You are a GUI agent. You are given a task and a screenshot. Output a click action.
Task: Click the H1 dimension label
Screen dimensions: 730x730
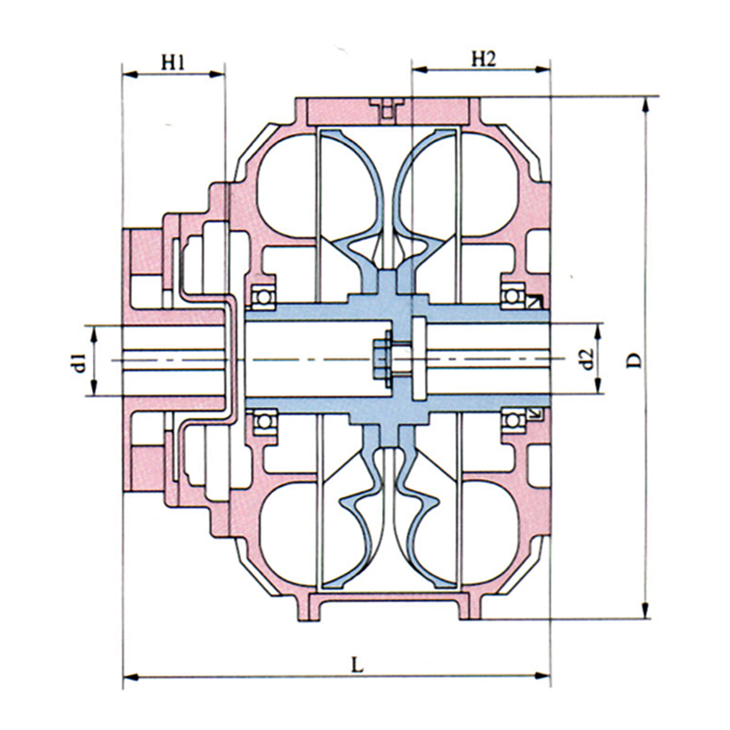pos(173,62)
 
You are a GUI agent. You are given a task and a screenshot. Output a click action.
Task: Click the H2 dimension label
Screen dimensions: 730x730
pos(484,59)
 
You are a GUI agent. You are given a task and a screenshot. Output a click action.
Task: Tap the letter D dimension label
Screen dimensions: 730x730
pos(633,360)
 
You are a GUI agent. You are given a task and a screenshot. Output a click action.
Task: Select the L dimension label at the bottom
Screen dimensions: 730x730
pos(357,665)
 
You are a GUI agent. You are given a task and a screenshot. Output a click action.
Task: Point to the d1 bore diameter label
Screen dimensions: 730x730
pos(79,363)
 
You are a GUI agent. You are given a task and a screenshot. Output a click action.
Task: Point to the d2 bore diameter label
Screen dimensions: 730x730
pos(588,359)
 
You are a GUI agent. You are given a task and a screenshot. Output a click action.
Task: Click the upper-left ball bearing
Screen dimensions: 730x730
pos(264,297)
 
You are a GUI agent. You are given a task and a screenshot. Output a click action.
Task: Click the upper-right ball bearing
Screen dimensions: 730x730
pos(513,296)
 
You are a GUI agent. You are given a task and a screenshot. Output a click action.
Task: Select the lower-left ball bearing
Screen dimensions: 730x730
pos(265,422)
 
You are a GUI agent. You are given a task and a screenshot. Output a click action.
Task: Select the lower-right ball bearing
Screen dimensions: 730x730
pos(513,421)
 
